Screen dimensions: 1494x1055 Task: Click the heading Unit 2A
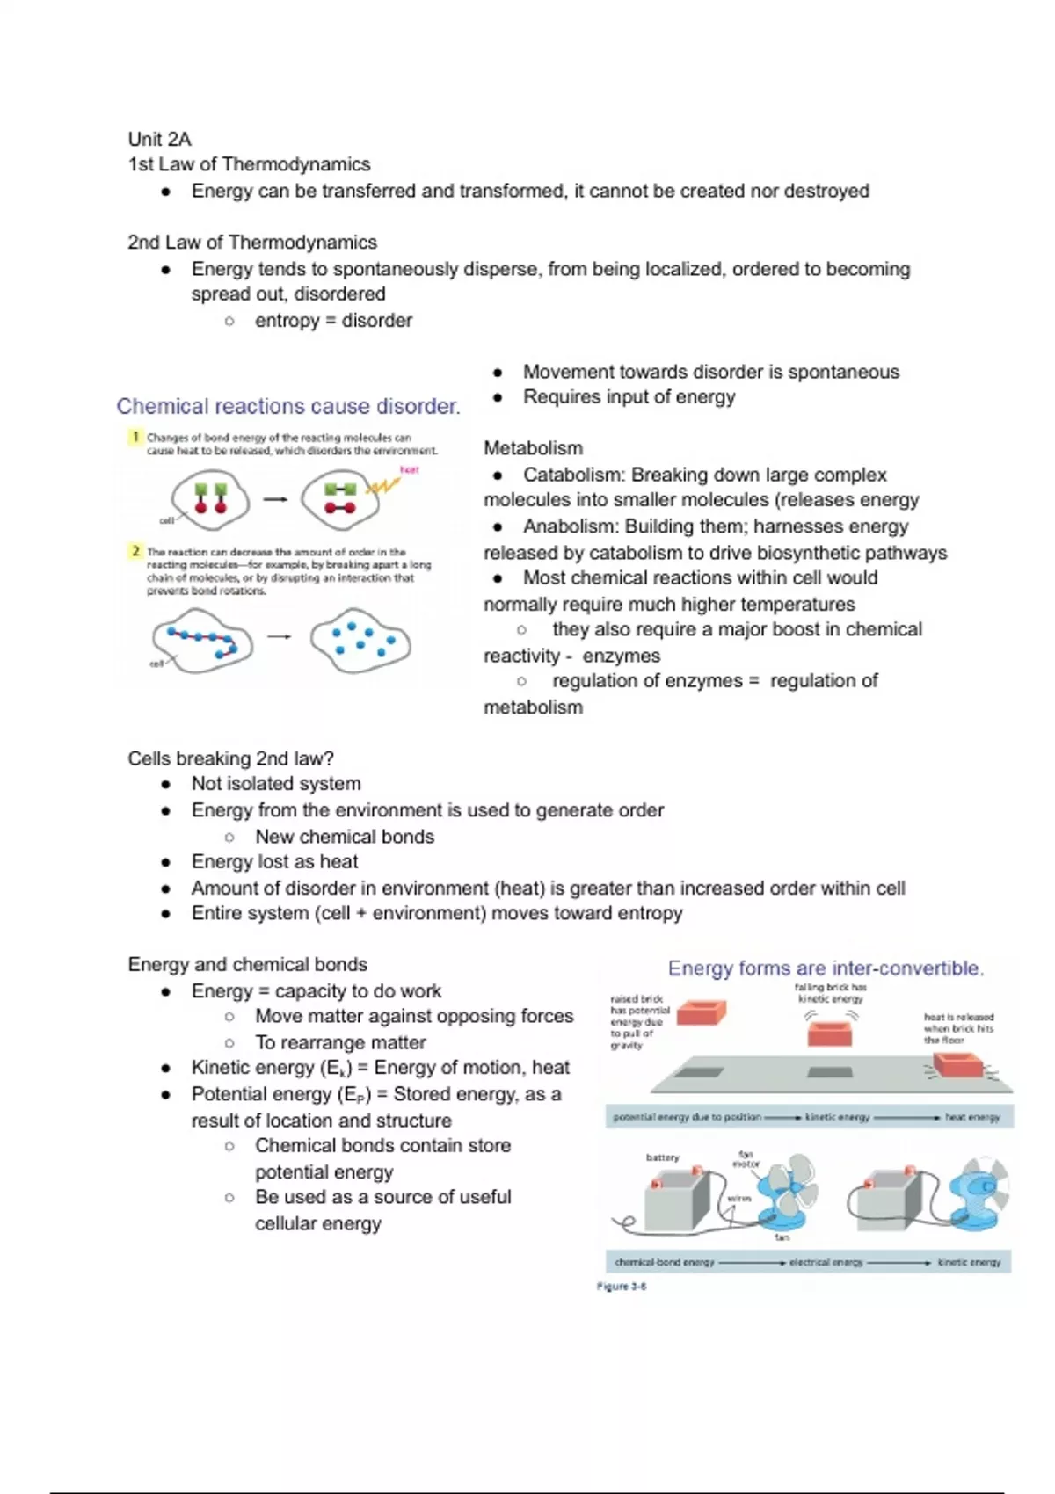[x=159, y=139]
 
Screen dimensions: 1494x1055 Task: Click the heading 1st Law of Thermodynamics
[x=249, y=164]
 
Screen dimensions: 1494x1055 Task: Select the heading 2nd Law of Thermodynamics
[x=252, y=243]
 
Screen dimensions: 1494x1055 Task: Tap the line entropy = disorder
[x=333, y=321]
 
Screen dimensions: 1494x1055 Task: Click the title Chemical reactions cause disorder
[x=288, y=406]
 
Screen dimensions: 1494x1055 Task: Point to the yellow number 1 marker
[x=135, y=437]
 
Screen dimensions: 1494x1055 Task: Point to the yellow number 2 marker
[x=135, y=551]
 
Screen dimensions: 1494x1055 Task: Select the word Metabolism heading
[x=533, y=448]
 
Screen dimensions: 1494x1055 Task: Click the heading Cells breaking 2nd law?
[x=230, y=758]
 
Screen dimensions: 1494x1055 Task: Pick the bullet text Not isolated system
[x=276, y=784]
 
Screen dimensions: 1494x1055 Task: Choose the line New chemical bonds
[x=345, y=837]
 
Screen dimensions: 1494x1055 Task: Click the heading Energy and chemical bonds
[x=247, y=964]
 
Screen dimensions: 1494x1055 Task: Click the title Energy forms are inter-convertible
[x=826, y=968]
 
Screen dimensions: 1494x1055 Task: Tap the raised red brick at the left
[x=701, y=1012]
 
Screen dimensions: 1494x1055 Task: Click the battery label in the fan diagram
[x=662, y=1157]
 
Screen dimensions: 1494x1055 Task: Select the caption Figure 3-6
[x=622, y=1287]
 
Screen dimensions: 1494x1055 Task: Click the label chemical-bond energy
[x=664, y=1262]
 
